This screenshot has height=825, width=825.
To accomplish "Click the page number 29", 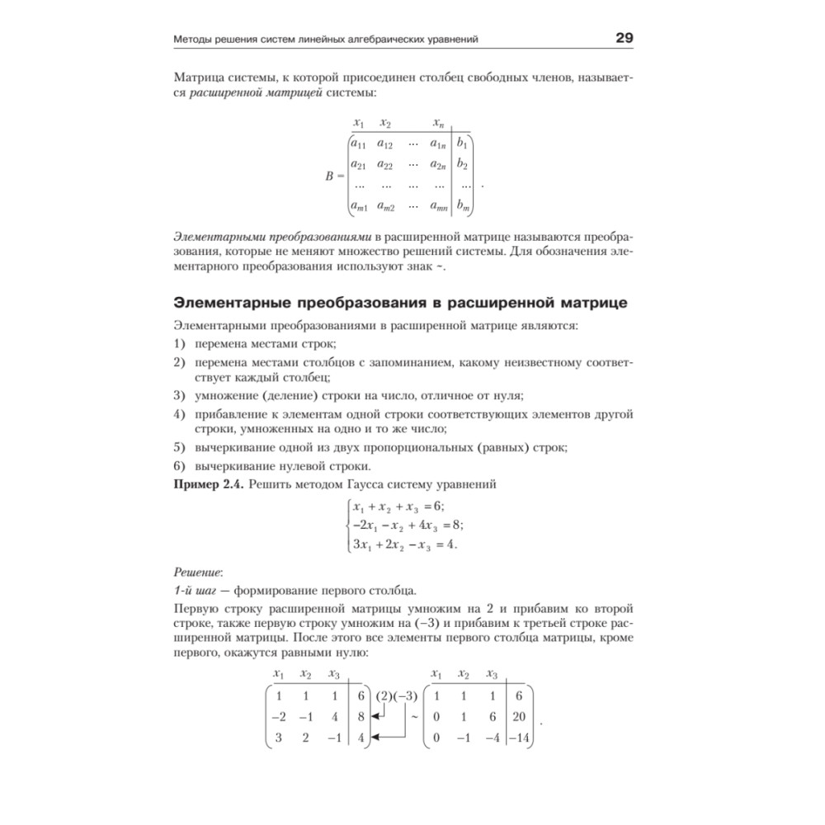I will [624, 38].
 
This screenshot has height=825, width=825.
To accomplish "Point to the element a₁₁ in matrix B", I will [359, 144].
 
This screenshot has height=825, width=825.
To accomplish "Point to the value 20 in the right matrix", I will [518, 717].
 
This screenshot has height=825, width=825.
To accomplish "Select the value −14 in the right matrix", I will [519, 738].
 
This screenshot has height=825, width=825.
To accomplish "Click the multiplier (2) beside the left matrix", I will [384, 696].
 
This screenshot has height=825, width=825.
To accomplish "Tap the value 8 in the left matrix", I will [361, 717].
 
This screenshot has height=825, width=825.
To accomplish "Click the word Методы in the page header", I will [196, 39].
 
